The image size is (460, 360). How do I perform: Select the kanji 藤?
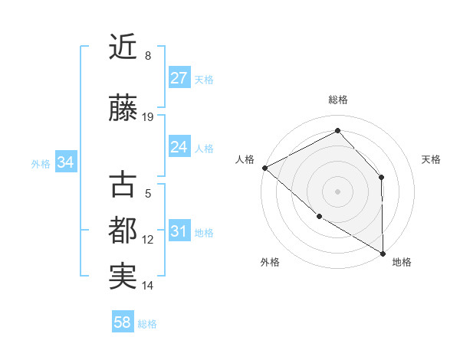pyautogui.click(x=123, y=109)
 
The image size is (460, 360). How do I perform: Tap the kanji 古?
pyautogui.click(x=123, y=185)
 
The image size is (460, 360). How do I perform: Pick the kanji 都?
pyautogui.click(x=123, y=231)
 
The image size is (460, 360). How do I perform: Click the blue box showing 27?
pyautogui.click(x=179, y=78)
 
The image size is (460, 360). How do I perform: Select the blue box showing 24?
pyautogui.click(x=179, y=147)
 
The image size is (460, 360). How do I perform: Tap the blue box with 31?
pyautogui.click(x=179, y=231)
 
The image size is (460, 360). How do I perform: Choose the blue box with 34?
pyautogui.click(x=66, y=162)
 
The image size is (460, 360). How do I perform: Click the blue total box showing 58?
pyautogui.click(x=123, y=322)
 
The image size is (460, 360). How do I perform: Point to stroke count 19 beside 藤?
pyautogui.click(x=148, y=117)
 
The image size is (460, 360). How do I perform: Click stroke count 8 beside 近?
pyautogui.click(x=148, y=56)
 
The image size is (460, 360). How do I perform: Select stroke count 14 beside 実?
pyautogui.click(x=148, y=286)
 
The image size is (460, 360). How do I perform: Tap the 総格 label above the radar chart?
pyautogui.click(x=338, y=100)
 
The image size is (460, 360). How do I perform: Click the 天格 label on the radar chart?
pyautogui.click(x=431, y=159)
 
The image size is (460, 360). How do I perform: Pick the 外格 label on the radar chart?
pyautogui.click(x=270, y=262)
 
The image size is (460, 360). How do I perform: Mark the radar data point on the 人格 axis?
pyautogui.click(x=264, y=168)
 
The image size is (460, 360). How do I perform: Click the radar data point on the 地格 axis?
pyautogui.click(x=383, y=253)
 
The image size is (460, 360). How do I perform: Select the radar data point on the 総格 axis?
pyautogui.click(x=337, y=131)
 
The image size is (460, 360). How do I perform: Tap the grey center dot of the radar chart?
pyautogui.click(x=337, y=191)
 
